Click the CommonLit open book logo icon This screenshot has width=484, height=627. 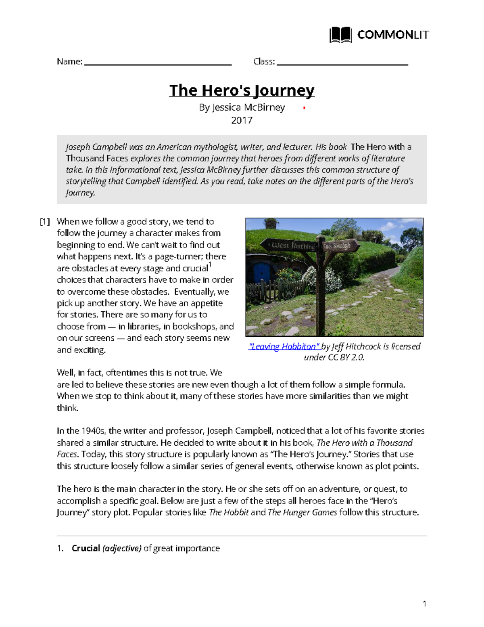pyautogui.click(x=340, y=35)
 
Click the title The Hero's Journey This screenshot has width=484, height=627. pyautogui.click(x=242, y=90)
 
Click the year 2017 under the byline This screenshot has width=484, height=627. pyautogui.click(x=242, y=120)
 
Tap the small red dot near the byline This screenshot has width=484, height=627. pyautogui.click(x=304, y=108)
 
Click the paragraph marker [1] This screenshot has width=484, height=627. pyautogui.click(x=45, y=222)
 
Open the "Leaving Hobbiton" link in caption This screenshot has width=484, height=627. pyautogui.click(x=284, y=346)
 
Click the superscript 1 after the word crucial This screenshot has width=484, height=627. pyautogui.click(x=210, y=265)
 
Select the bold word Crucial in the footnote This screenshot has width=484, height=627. pyautogui.click(x=86, y=548)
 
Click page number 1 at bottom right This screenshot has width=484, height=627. pyautogui.click(x=424, y=604)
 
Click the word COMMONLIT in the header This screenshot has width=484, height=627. pyautogui.click(x=393, y=35)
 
